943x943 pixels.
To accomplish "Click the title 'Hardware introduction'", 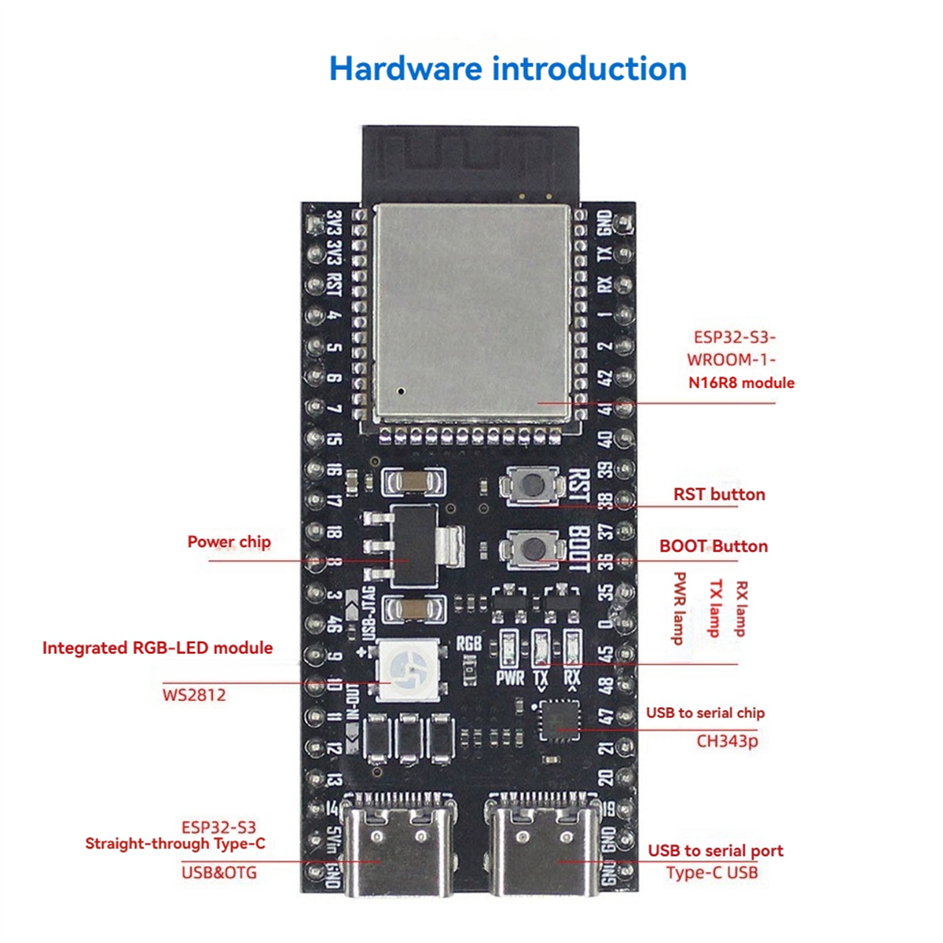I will [508, 69].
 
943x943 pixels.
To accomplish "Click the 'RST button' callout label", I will [719, 494].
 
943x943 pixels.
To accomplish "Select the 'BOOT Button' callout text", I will [713, 546].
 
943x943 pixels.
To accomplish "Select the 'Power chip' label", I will [229, 541].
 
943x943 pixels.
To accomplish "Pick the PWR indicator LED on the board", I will [508, 649].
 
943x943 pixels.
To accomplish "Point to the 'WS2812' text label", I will [194, 695].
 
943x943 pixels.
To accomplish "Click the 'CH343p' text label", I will [727, 740].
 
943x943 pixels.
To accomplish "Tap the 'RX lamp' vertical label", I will [741, 608].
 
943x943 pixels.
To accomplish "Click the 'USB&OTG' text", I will [218, 872].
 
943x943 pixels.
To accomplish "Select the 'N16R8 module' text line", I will [741, 383].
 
